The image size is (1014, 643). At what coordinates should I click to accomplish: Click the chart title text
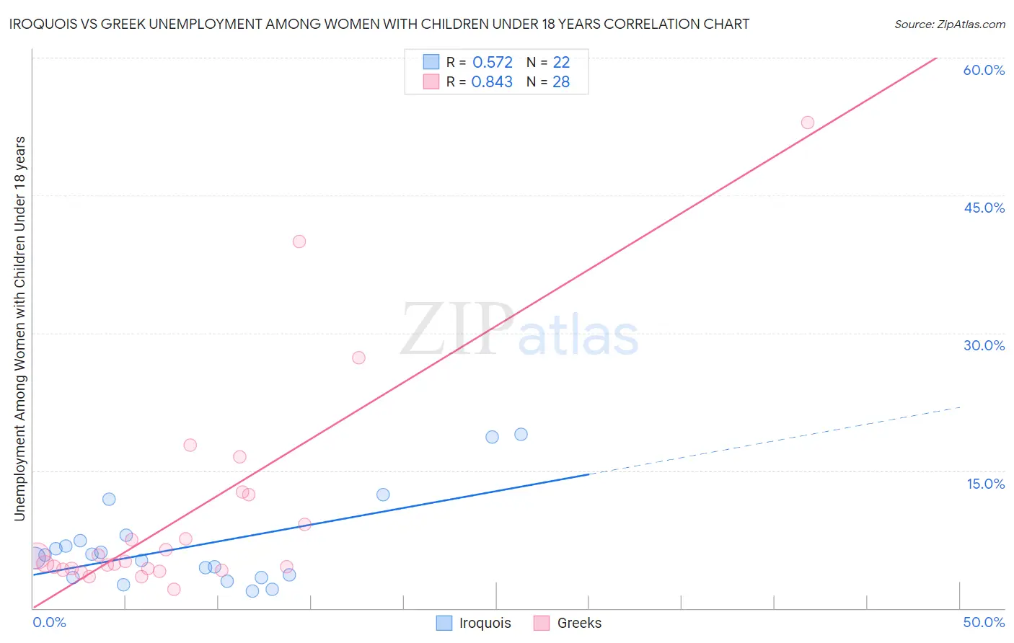[x=379, y=24]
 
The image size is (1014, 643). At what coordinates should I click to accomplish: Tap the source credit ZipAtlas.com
[x=949, y=24]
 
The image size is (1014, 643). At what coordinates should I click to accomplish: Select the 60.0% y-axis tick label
[x=984, y=70]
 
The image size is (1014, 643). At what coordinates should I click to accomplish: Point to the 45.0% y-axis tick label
[x=984, y=208]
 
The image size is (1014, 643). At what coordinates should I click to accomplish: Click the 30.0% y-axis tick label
[x=984, y=345]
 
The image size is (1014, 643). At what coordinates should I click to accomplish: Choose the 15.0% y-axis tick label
[x=985, y=484]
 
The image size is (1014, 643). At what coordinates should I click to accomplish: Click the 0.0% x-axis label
[x=50, y=622]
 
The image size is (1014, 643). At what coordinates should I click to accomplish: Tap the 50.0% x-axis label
[x=984, y=622]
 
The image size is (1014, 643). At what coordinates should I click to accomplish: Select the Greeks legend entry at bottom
[x=568, y=623]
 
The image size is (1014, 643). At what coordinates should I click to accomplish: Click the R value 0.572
[x=493, y=63]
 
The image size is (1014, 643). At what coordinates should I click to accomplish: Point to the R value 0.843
[x=492, y=82]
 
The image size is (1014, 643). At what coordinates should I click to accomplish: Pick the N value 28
[x=561, y=82]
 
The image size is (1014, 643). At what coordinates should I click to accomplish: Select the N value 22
[x=561, y=63]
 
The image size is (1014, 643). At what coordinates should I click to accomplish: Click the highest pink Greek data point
[x=808, y=123]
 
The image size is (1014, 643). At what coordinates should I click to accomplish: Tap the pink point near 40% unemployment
[x=299, y=241]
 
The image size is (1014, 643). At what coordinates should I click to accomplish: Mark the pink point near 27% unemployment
[x=358, y=358]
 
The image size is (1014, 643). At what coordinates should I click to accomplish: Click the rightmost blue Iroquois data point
[x=521, y=434]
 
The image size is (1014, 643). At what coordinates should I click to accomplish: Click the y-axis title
[x=20, y=329]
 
